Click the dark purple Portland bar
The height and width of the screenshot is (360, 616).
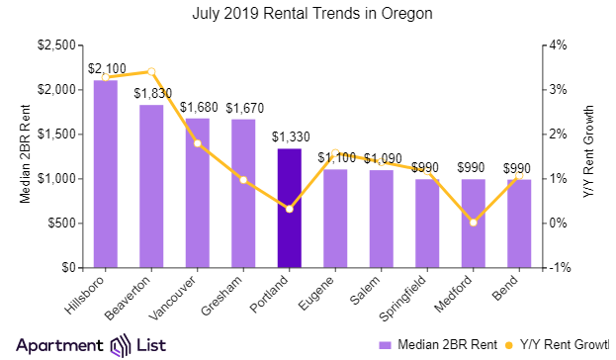pyautogui.click(x=289, y=208)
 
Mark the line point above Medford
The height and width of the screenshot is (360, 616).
pyautogui.click(x=474, y=223)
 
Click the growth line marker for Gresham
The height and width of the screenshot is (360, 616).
pyautogui.click(x=243, y=180)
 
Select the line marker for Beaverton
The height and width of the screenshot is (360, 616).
pyautogui.click(x=151, y=71)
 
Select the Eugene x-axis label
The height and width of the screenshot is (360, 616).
pyautogui.click(x=324, y=293)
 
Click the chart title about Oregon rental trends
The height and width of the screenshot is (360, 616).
pyautogui.click(x=308, y=14)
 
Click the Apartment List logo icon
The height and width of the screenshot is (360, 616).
pyautogui.click(x=121, y=345)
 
